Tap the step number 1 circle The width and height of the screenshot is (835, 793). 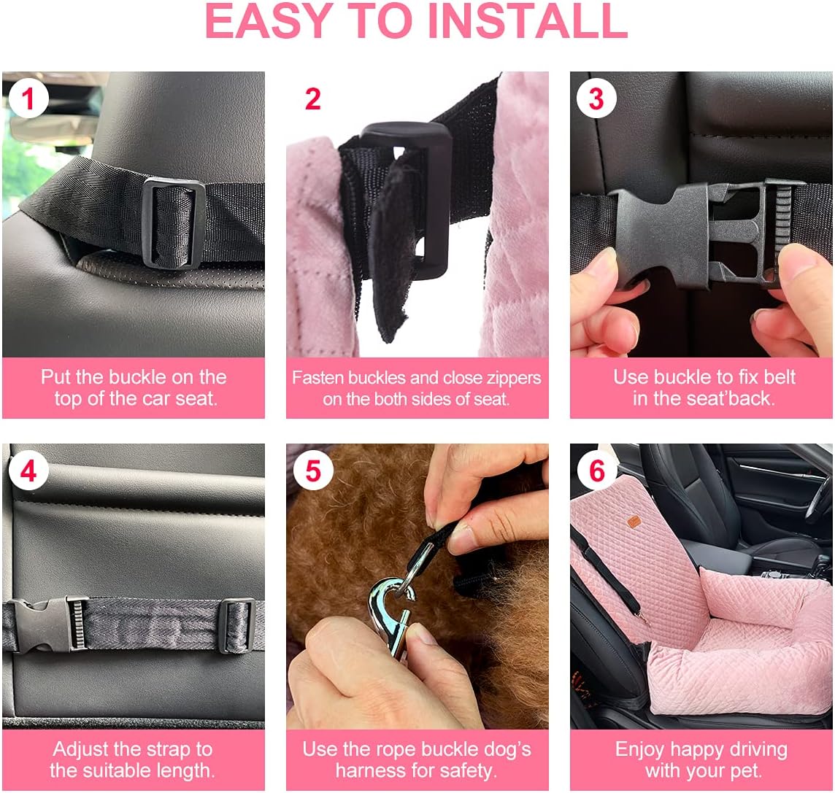pyautogui.click(x=28, y=98)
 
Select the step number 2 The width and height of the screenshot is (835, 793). pyautogui.click(x=312, y=99)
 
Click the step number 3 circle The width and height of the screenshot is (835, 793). pyautogui.click(x=596, y=99)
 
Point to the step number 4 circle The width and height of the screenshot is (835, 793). pyautogui.click(x=28, y=471)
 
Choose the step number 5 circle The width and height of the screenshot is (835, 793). pyautogui.click(x=312, y=471)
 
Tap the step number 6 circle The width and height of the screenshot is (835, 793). pyautogui.click(x=596, y=471)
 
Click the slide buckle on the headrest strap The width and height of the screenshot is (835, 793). pyautogui.click(x=169, y=223)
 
